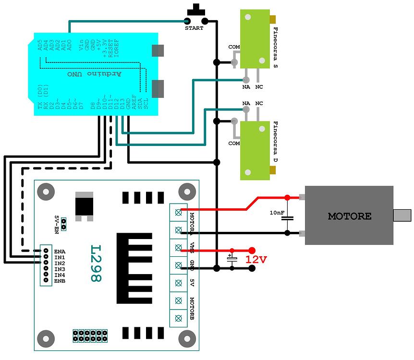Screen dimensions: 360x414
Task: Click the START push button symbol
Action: coord(195,14)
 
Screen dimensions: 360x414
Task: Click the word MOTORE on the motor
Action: coord(349,216)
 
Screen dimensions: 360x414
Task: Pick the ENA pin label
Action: coord(60,251)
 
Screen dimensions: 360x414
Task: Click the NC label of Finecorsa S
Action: coord(259,87)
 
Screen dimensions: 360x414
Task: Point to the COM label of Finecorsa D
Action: coord(234,143)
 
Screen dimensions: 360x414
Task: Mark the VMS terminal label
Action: coord(192,248)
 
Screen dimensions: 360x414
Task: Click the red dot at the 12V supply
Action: coord(252,250)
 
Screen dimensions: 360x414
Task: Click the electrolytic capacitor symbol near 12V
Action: coord(232,260)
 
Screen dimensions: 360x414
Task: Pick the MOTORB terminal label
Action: coord(192,309)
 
